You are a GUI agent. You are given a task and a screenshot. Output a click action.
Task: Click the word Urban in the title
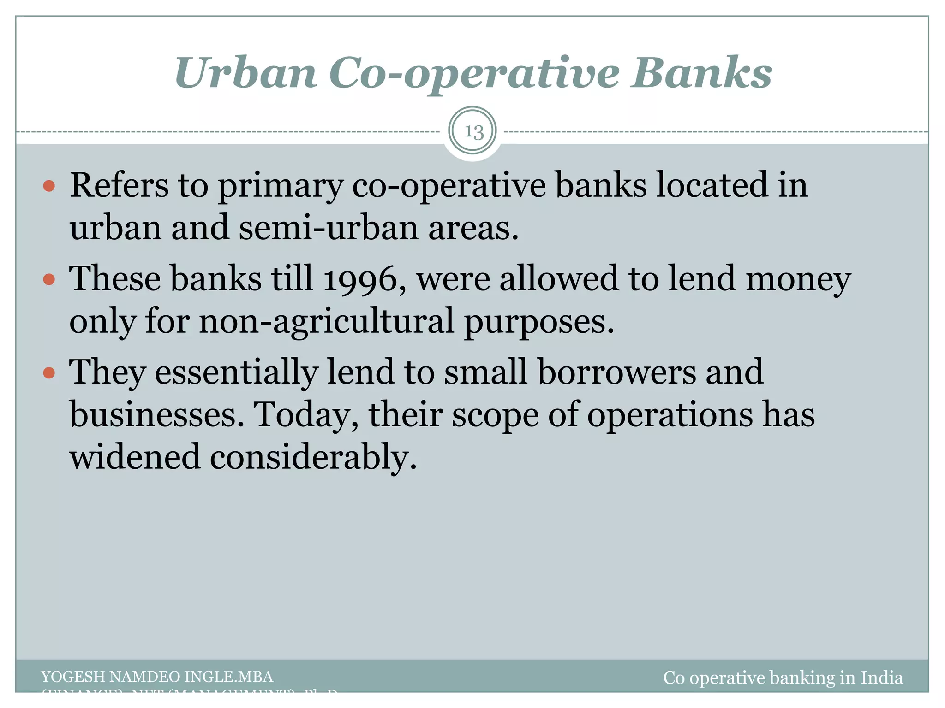click(x=245, y=73)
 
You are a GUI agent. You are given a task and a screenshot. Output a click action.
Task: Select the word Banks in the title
click(x=702, y=73)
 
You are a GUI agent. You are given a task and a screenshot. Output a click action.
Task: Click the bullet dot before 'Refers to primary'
click(x=49, y=186)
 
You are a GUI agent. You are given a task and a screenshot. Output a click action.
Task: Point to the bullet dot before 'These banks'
click(x=49, y=279)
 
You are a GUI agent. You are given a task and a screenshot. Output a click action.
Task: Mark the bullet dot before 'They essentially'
click(x=49, y=372)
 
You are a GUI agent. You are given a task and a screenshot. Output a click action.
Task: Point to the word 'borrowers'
click(x=616, y=372)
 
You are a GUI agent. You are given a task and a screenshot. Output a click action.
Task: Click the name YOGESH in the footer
click(x=73, y=677)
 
